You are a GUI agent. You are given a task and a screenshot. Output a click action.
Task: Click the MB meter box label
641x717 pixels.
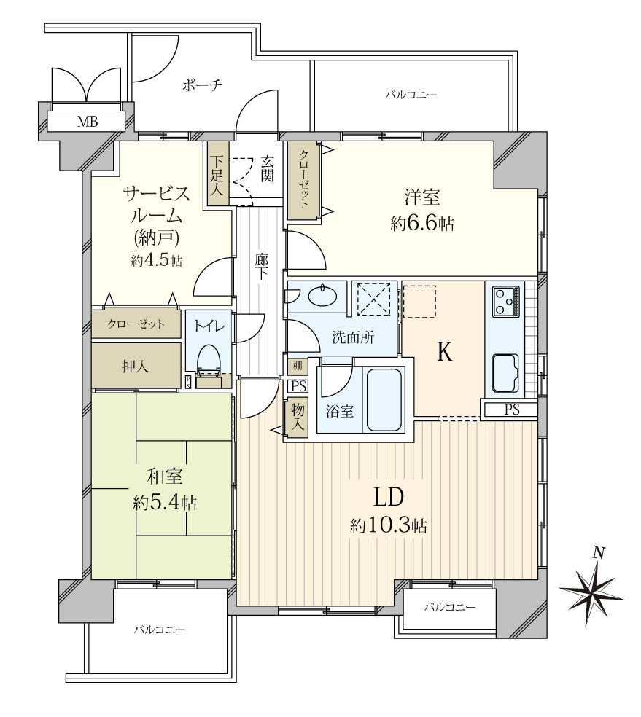click(x=87, y=122)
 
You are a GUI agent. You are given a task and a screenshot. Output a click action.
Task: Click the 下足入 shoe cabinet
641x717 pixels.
click(x=217, y=175)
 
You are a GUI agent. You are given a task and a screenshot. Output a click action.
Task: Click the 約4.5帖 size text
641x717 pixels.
click(x=158, y=261)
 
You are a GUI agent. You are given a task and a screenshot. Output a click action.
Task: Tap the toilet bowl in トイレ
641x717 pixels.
click(x=209, y=356)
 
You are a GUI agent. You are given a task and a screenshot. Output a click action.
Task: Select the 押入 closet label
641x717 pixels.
click(x=136, y=367)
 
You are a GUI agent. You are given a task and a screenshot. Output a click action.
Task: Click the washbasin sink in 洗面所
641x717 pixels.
click(x=322, y=296)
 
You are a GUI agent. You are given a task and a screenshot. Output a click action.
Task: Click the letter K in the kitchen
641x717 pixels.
click(x=444, y=353)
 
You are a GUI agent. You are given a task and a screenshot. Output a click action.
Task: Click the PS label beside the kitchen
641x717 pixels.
click(x=512, y=410)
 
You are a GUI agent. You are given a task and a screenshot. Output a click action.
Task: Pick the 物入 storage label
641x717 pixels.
click(x=298, y=418)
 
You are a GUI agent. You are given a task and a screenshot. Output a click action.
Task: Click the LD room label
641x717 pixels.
click(x=389, y=498)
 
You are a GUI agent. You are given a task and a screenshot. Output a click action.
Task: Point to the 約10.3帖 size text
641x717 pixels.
click(x=388, y=525)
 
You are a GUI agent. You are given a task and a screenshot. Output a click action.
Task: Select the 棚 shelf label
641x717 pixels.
click(x=297, y=366)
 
